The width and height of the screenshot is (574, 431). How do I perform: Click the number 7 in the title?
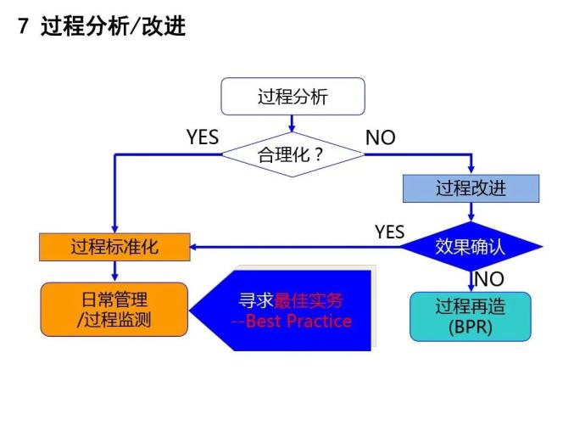coord(24,27)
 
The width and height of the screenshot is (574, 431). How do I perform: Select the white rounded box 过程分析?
coord(293,97)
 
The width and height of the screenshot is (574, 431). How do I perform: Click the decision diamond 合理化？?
coord(292,155)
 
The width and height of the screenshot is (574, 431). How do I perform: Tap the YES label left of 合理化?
coord(202,137)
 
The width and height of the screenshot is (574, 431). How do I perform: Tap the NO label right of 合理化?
coord(380,137)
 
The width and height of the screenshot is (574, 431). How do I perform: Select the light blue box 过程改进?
coord(471,188)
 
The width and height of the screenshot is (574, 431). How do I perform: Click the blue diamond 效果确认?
coord(470,247)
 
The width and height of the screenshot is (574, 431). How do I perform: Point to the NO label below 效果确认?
coord(489,279)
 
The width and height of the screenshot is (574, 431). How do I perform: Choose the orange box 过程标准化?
coord(114,247)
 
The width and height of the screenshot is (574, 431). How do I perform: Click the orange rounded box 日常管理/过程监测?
coord(114,309)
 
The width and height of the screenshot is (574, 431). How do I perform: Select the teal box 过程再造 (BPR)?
coord(470,316)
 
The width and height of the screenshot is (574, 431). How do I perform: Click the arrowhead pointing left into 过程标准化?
coord(193,247)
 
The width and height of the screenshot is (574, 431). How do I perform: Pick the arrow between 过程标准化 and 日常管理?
coord(114,271)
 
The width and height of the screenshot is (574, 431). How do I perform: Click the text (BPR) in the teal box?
coord(470,327)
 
